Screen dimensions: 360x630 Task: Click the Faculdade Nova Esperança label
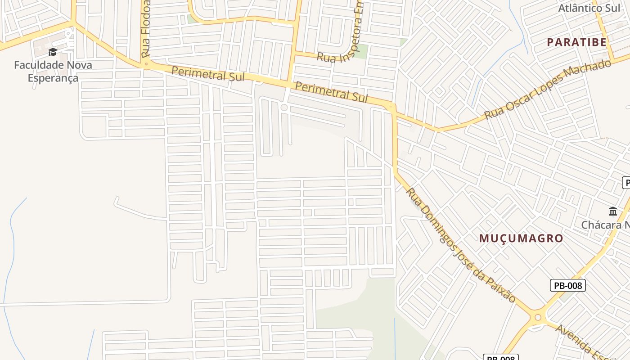coord(53,71)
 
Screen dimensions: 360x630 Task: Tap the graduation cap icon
coord(53,52)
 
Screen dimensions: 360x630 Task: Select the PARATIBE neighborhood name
coord(576,42)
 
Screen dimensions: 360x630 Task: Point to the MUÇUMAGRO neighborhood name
coord(521,238)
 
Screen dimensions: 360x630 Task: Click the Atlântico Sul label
coord(589,8)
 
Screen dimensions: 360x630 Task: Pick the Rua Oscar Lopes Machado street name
coord(548,90)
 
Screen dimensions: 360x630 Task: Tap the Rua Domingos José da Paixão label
coord(460,245)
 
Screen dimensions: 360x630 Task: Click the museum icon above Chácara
coord(612,211)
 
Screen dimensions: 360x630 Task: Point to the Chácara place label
coord(605,225)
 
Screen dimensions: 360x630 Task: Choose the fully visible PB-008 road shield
coord(567,285)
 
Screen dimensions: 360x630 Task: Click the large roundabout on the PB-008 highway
coord(537,318)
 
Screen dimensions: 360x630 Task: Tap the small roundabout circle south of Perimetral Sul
coord(284,107)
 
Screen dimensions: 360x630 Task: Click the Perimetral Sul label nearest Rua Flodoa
coord(208,74)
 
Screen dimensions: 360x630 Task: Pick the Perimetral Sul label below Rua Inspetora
coord(331,92)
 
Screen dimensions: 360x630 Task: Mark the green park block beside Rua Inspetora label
coord(360,51)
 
